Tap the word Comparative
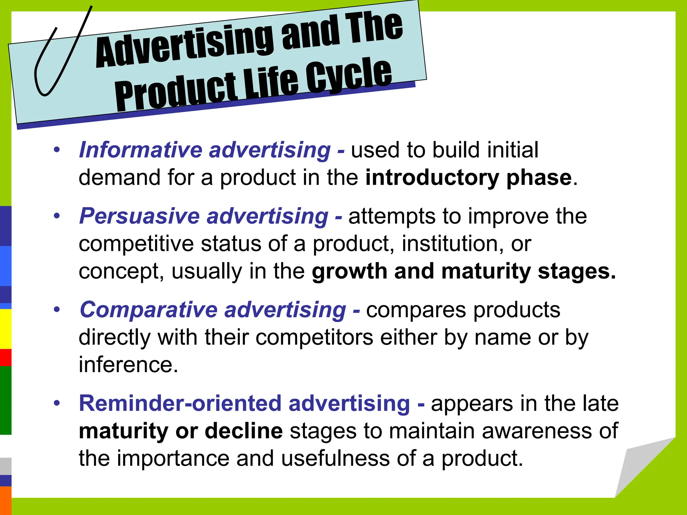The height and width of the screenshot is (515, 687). [x=149, y=309]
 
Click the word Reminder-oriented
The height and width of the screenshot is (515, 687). [x=180, y=403]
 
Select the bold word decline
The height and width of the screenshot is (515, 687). [x=244, y=431]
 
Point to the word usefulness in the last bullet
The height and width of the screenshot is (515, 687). [x=335, y=458]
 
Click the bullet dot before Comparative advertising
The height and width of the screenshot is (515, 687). [x=57, y=309]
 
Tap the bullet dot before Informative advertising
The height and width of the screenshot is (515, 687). [x=57, y=150]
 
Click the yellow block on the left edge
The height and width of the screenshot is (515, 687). [x=5, y=329]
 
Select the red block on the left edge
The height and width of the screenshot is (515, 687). [x=5, y=357]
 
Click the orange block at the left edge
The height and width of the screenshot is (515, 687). [x=5, y=500]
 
